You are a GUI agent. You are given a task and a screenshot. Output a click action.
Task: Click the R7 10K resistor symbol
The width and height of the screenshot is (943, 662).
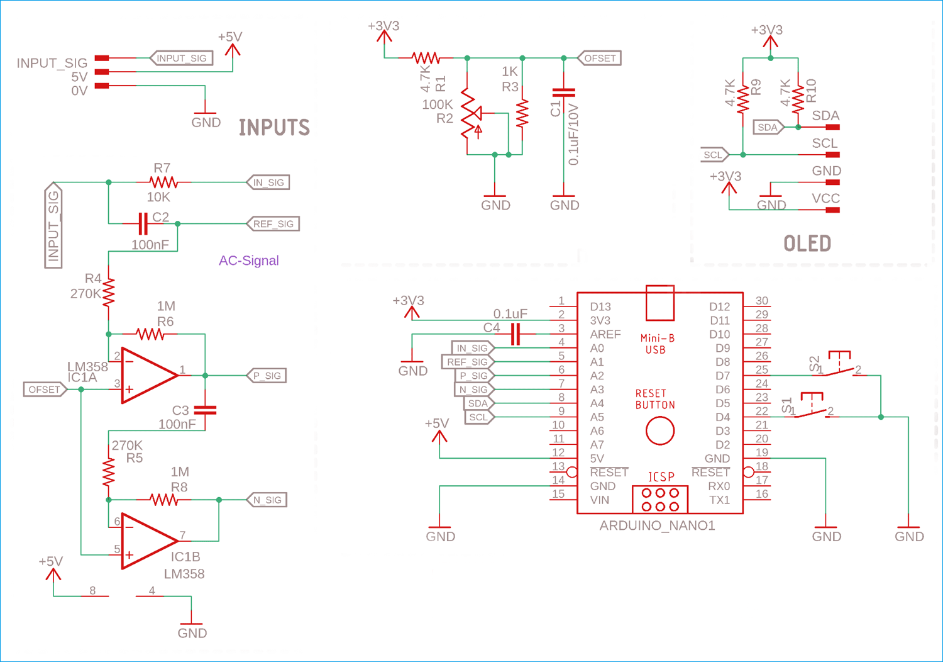click(163, 182)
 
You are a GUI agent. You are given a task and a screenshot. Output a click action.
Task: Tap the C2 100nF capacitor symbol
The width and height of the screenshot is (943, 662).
click(143, 223)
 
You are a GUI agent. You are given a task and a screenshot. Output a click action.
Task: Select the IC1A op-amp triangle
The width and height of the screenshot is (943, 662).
click(150, 375)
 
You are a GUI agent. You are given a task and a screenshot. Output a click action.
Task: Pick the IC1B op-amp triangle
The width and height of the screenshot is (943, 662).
click(150, 541)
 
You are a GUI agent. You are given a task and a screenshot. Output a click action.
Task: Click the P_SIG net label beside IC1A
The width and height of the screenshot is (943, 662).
click(267, 376)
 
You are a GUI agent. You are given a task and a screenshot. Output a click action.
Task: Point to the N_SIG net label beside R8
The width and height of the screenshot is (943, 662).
click(267, 500)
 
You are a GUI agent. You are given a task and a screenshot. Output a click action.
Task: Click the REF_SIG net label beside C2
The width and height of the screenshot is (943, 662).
click(273, 224)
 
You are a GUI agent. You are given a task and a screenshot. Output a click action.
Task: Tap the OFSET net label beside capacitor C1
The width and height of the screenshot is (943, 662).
click(600, 58)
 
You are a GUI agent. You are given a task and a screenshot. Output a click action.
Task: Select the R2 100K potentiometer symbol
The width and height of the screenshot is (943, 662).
click(472, 113)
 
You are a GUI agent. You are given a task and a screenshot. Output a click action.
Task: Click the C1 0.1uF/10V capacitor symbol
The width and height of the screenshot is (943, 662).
click(564, 93)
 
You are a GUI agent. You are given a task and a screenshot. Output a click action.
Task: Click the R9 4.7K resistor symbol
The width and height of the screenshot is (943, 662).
click(743, 99)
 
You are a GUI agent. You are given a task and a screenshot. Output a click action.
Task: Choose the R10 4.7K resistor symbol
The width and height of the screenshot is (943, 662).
click(798, 99)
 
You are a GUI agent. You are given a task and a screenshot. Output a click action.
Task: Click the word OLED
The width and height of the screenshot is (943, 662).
click(807, 244)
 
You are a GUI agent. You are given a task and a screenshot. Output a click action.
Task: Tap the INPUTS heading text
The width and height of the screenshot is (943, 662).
click(275, 127)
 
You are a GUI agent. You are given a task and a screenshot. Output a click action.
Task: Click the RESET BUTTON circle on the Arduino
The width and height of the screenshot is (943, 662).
click(660, 430)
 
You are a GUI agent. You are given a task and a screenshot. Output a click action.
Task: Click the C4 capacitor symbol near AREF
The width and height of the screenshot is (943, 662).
click(516, 334)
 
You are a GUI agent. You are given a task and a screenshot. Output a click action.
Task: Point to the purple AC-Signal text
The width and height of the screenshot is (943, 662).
click(249, 261)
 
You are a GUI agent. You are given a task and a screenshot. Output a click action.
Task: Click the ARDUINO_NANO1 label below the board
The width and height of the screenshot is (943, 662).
click(657, 525)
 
